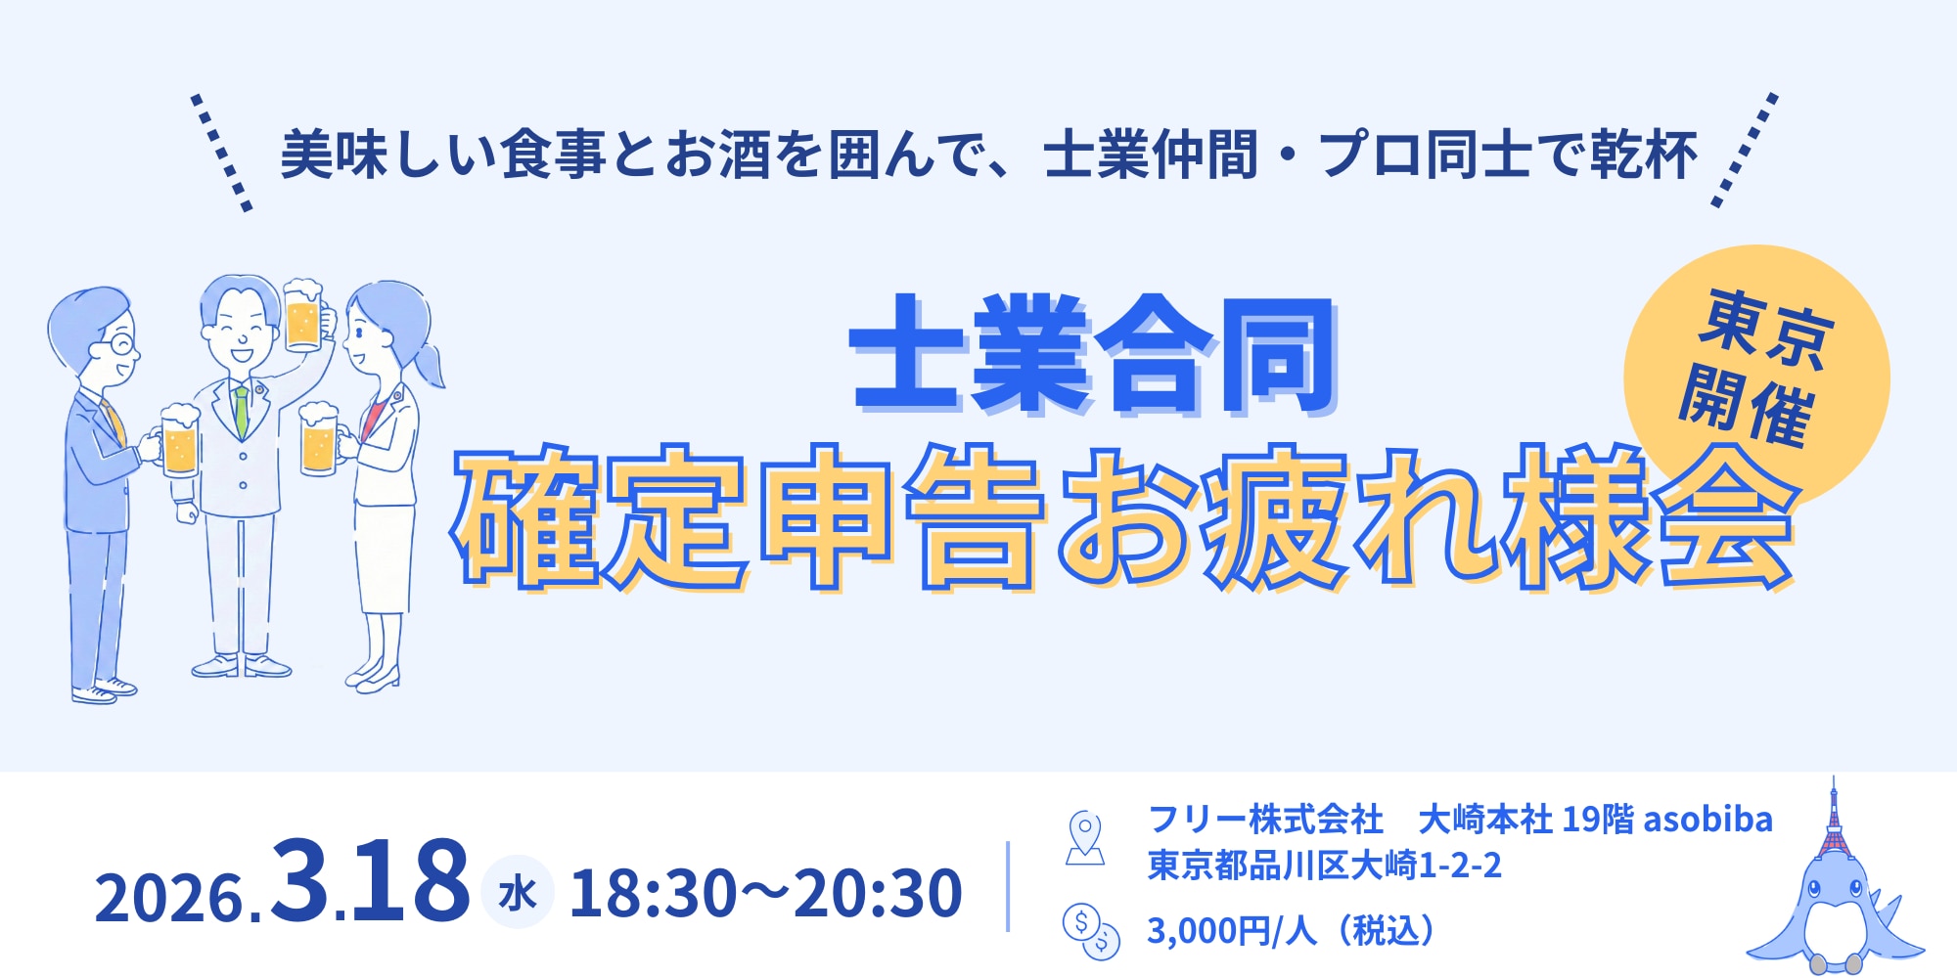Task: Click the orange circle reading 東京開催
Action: (x=1756, y=377)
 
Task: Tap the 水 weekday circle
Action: (x=517, y=892)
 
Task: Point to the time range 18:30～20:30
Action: (x=766, y=893)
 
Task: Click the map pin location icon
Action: (x=1084, y=837)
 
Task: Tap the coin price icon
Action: (x=1090, y=929)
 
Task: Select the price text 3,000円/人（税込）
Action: (x=1292, y=931)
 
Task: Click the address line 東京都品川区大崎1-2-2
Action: (x=1324, y=866)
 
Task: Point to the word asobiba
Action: (x=1707, y=820)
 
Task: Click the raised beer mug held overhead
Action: (x=303, y=315)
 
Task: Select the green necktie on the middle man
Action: (x=241, y=411)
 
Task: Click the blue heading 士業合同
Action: (x=1094, y=354)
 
